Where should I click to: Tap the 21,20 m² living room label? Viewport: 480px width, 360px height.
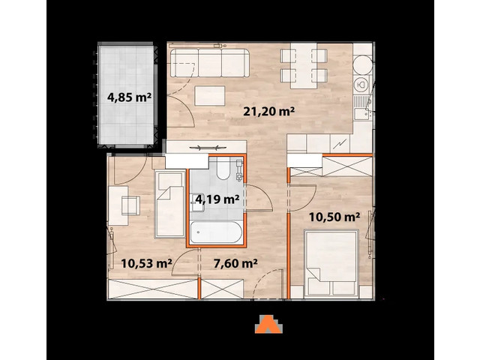(268, 112)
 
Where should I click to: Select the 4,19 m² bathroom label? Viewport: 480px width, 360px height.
(217, 199)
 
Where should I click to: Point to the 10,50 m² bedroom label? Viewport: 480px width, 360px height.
(335, 217)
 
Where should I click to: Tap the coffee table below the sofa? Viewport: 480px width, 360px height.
(209, 96)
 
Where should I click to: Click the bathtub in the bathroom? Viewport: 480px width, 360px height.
(217, 232)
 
